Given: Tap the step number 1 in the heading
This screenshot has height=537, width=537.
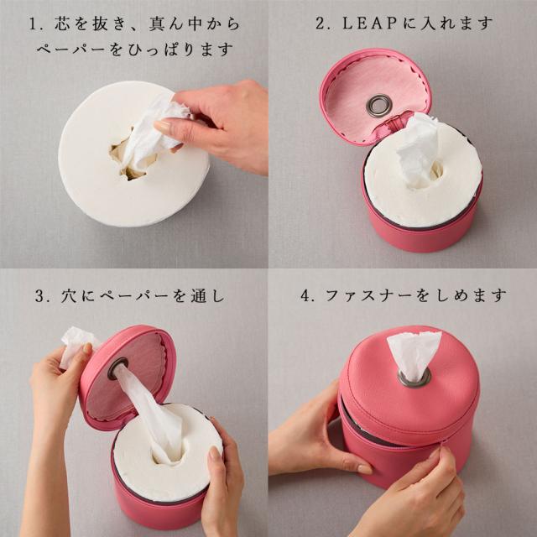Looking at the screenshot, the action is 33,24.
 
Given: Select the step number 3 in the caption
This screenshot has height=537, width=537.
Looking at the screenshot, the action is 39,296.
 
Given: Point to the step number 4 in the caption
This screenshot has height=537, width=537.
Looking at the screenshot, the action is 305,295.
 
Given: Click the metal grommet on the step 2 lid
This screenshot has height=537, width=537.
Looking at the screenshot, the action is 378,105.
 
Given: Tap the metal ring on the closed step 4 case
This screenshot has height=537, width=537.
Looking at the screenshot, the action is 414,378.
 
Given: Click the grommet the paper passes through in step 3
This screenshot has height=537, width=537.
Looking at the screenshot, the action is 117,369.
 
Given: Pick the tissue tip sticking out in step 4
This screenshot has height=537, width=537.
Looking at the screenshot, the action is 414,354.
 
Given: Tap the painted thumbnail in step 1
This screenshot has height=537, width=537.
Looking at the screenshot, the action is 163,126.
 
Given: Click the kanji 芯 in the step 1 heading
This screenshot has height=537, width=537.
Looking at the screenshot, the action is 62,24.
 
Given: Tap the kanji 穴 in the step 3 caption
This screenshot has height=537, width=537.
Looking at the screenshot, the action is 69,296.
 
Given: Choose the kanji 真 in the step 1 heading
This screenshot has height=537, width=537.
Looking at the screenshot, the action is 157,24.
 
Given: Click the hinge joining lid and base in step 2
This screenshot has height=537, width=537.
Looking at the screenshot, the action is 394,124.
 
